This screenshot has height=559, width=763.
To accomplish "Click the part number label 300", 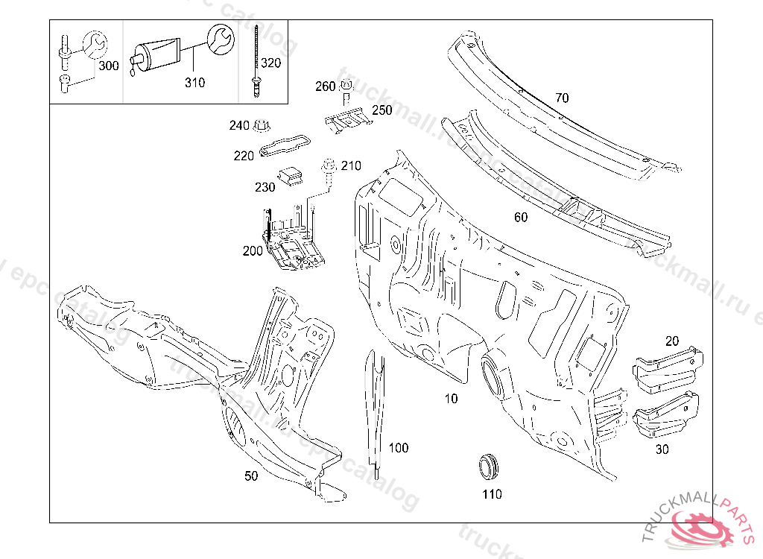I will [109, 66].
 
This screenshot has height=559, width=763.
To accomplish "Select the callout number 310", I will [194, 83].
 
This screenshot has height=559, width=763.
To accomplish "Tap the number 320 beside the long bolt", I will [271, 63].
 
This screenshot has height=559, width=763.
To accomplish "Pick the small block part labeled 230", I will [291, 177].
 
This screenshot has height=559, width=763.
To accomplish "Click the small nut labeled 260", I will [346, 86].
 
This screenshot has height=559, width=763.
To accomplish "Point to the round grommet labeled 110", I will [489, 464].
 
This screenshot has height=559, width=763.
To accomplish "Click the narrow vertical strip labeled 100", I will [375, 410].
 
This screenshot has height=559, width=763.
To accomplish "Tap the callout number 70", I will [562, 98].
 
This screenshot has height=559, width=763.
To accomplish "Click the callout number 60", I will [521, 217].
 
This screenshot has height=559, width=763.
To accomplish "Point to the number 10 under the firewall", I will [451, 399].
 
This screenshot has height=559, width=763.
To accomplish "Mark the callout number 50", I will [252, 476].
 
